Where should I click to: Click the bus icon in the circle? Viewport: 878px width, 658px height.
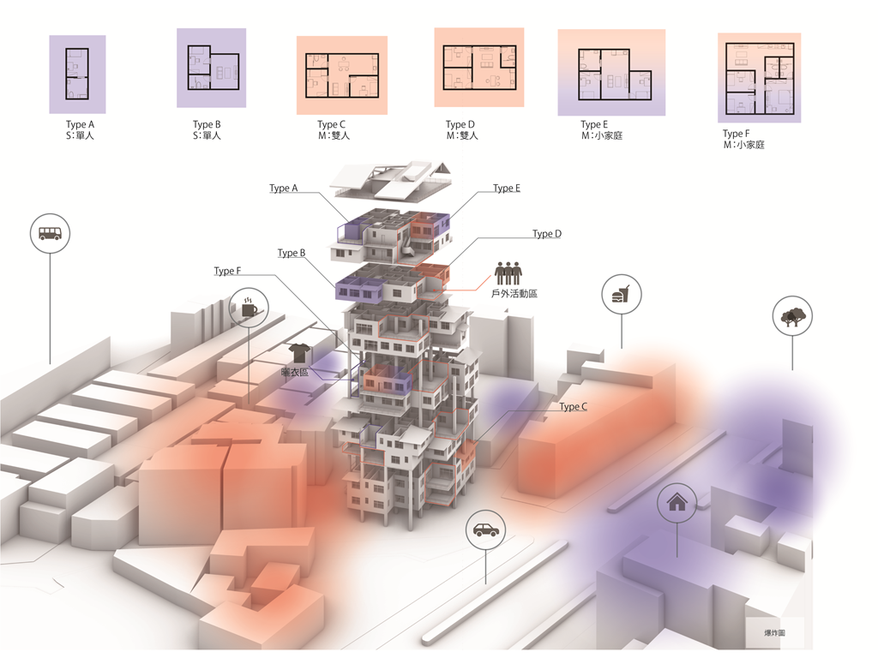50,233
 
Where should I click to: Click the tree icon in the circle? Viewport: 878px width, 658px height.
791,316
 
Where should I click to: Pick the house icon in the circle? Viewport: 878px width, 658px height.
677,503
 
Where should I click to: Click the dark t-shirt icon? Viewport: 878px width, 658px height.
299,352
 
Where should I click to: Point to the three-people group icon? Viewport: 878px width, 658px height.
508,273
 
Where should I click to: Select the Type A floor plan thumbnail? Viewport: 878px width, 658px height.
77,74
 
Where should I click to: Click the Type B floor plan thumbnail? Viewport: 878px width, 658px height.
211,68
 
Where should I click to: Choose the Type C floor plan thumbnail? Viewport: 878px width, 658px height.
341,75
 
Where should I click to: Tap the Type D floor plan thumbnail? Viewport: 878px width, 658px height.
478,67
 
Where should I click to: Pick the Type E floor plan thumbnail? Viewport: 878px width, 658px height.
610,73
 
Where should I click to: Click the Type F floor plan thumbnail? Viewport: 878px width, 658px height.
759,78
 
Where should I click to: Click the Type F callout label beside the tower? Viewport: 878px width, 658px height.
227,272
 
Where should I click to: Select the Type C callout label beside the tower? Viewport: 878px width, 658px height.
573,407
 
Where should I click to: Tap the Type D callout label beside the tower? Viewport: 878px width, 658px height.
546,234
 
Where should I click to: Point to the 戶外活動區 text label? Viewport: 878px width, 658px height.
514,294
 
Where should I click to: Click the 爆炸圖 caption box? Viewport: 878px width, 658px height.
774,633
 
